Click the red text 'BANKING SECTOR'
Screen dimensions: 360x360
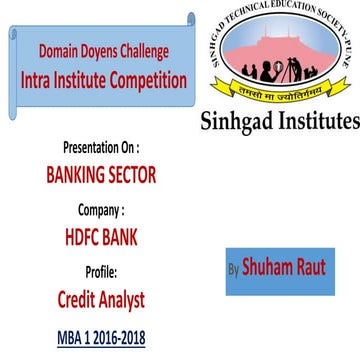pyautogui.click(x=102, y=175)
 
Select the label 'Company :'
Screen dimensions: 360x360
pyautogui.click(x=102, y=210)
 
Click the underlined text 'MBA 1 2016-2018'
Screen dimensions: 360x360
pyautogui.click(x=100, y=338)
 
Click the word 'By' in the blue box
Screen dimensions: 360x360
pyautogui.click(x=234, y=269)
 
